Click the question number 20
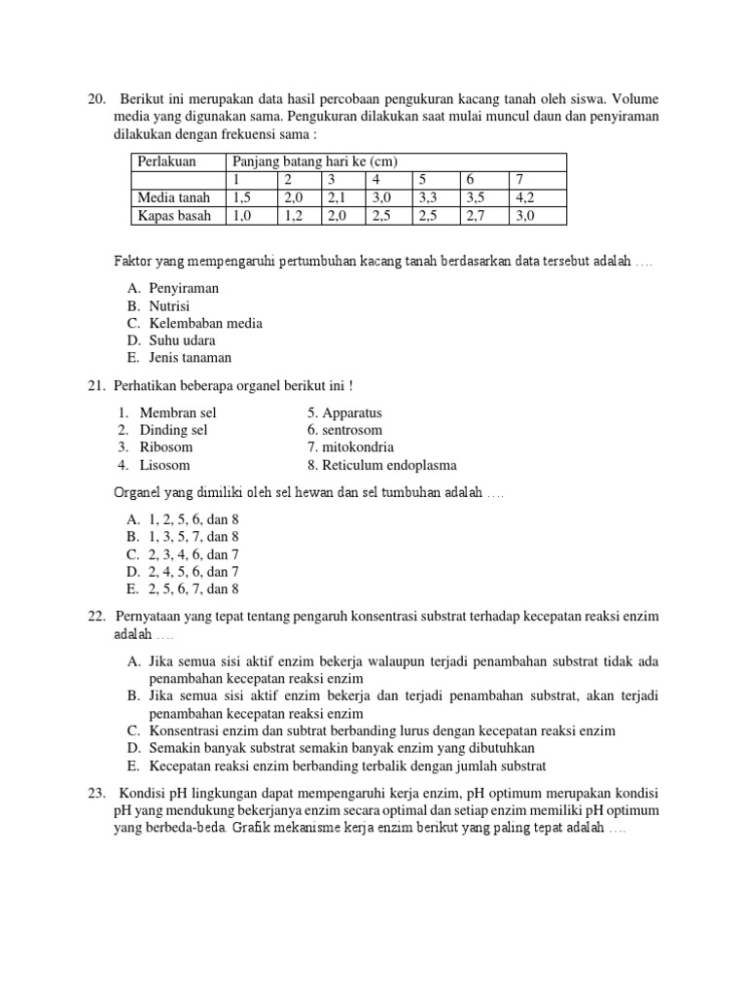click(96, 98)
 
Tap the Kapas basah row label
click(173, 215)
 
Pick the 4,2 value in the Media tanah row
click(526, 197)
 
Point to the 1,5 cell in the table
click(241, 197)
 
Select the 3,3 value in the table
click(428, 197)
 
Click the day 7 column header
click(520, 180)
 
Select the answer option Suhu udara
click(172, 340)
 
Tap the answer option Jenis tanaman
click(180, 358)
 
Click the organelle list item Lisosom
click(165, 465)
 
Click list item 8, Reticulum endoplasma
click(381, 465)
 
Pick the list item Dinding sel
click(173, 430)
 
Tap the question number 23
click(96, 793)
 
